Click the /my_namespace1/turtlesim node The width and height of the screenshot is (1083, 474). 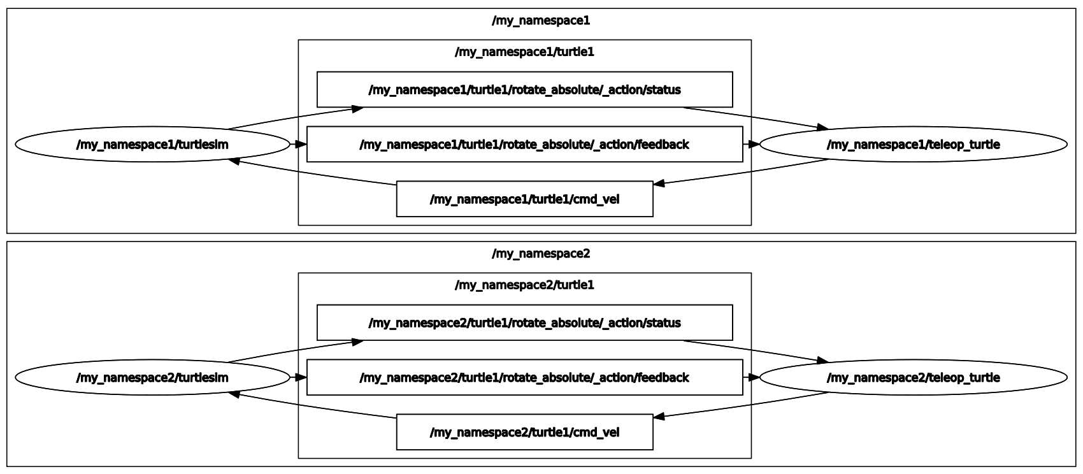pyautogui.click(x=152, y=145)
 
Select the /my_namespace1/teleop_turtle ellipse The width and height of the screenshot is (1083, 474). pyautogui.click(x=913, y=145)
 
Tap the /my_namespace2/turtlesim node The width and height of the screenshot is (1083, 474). pyautogui.click(x=152, y=378)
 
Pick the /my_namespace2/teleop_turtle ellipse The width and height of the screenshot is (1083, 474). pyautogui.click(x=913, y=378)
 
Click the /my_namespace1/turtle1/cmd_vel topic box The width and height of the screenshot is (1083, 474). pyautogui.click(x=524, y=199)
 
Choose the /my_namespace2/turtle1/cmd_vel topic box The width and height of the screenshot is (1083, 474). pyautogui.click(x=524, y=433)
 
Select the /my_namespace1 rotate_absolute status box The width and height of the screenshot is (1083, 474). pyautogui.click(x=524, y=90)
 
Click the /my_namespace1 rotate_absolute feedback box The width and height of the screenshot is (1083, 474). pyautogui.click(x=524, y=145)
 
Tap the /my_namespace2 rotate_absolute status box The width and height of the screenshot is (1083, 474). pyautogui.click(x=524, y=323)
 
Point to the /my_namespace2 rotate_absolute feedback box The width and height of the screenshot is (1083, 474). pyautogui.click(x=524, y=378)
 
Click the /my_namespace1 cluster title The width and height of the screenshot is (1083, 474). pyautogui.click(x=541, y=20)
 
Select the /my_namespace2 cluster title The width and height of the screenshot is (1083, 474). pyautogui.click(x=541, y=254)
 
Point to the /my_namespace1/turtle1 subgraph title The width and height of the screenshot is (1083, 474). pyautogui.click(x=524, y=52)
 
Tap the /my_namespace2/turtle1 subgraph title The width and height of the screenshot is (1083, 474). pyautogui.click(x=524, y=285)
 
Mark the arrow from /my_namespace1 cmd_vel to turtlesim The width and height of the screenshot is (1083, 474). pyautogui.click(x=312, y=172)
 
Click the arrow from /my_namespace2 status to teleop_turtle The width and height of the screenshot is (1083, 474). pyautogui.click(x=755, y=350)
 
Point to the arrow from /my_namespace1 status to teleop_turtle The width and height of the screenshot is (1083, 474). pyautogui.click(x=755, y=117)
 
